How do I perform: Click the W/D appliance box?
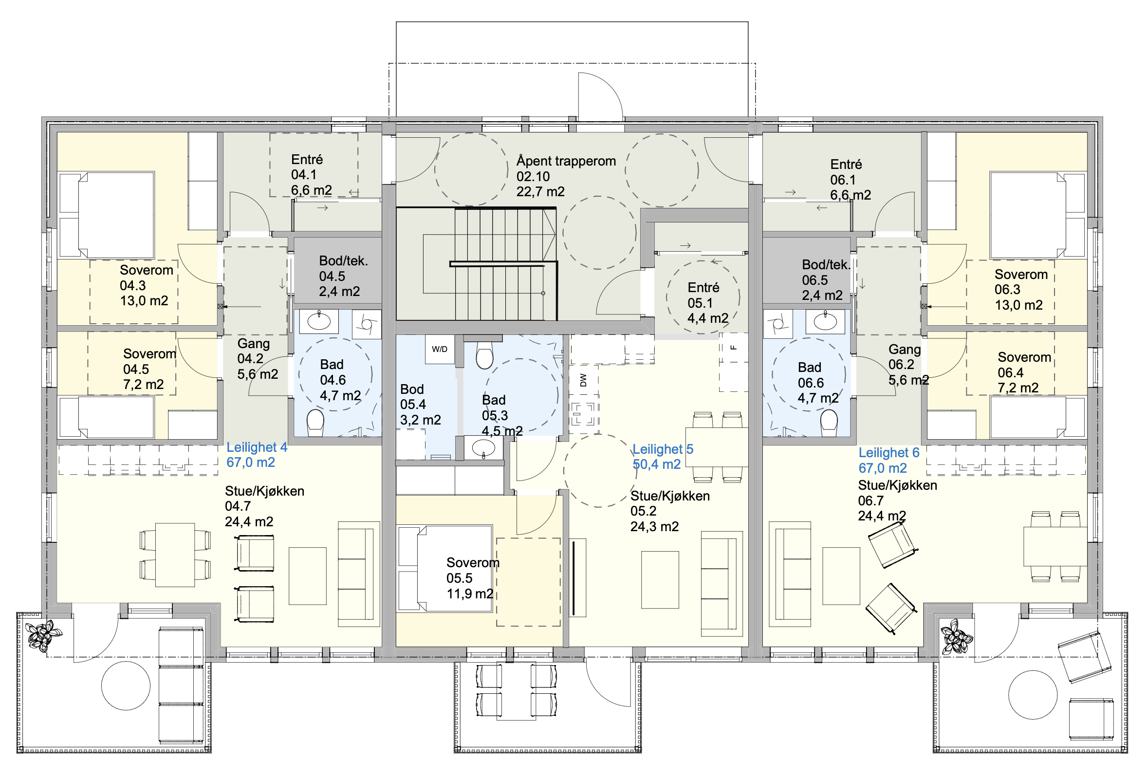click(440, 350)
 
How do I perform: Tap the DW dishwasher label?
click(584, 380)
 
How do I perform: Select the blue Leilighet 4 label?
click(257, 447)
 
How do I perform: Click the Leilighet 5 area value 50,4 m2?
click(656, 464)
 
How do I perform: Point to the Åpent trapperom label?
click(566, 161)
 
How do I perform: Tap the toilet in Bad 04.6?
click(315, 423)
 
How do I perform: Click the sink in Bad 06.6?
click(825, 321)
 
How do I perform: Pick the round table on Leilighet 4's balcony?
click(126, 685)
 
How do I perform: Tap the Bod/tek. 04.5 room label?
click(343, 276)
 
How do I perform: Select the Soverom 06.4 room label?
click(1024, 372)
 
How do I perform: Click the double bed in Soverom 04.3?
click(107, 215)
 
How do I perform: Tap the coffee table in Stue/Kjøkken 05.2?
click(660, 579)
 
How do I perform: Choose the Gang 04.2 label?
click(258, 359)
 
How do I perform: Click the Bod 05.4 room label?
click(421, 404)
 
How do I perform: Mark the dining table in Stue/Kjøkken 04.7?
click(175, 555)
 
